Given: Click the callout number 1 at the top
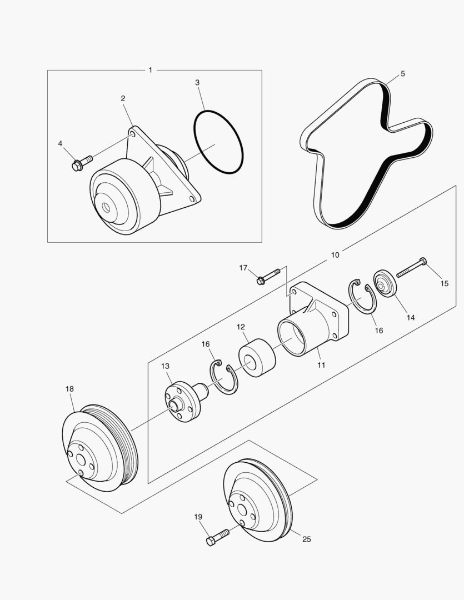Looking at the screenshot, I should pos(151,70).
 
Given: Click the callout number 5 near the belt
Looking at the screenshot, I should pos(402,74).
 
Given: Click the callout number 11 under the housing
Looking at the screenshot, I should pos(321,365).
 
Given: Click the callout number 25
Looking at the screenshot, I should pos(307,538).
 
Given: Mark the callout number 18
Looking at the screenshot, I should pos(69,389).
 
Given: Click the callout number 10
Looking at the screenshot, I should pos(335,254).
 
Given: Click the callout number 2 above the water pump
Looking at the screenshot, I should pos(123,98).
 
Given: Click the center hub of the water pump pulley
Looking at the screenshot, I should pos(106,207).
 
